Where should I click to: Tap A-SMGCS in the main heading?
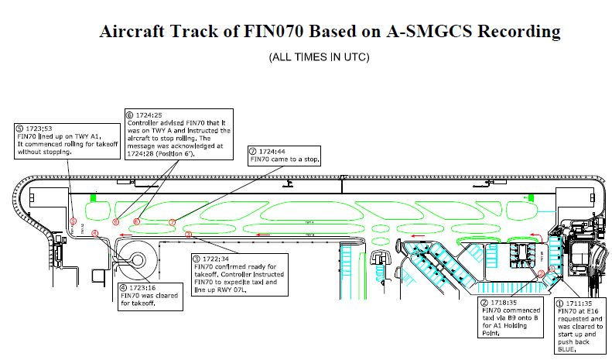pyautogui.click(x=424, y=32)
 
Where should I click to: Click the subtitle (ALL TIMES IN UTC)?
pyautogui.click(x=319, y=58)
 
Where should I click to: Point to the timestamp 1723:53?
pyautogui.click(x=38, y=128)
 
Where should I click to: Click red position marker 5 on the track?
pyautogui.click(x=73, y=221)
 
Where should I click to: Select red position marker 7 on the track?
pyautogui.click(x=173, y=221)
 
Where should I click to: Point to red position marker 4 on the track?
pyautogui.click(x=95, y=233)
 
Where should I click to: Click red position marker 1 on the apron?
pyautogui.click(x=551, y=270)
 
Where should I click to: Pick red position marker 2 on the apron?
pyautogui.click(x=541, y=273)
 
